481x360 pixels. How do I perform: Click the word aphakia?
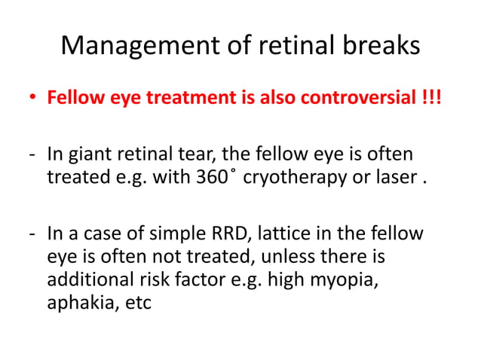(78, 304)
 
